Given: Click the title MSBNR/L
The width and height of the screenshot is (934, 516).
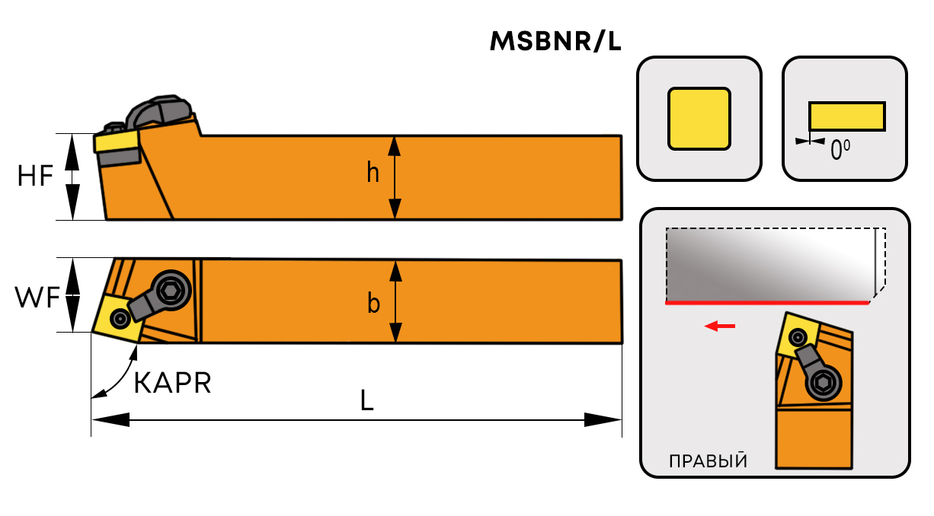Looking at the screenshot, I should tap(556, 42).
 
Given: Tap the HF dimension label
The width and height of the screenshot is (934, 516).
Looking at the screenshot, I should tap(36, 177).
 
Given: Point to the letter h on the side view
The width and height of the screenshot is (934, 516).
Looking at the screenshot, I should tap(373, 174).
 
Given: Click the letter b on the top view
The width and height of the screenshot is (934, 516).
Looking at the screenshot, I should tap(373, 303).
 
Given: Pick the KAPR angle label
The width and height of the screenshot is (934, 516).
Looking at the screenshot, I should tap(172, 383).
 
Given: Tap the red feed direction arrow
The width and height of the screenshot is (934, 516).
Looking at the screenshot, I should tap(720, 326).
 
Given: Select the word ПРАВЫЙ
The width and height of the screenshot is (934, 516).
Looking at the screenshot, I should tap(707, 461).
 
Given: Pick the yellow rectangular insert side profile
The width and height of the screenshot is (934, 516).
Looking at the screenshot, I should tap(846, 116).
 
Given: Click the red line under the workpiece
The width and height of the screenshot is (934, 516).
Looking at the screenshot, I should tap(767, 303).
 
